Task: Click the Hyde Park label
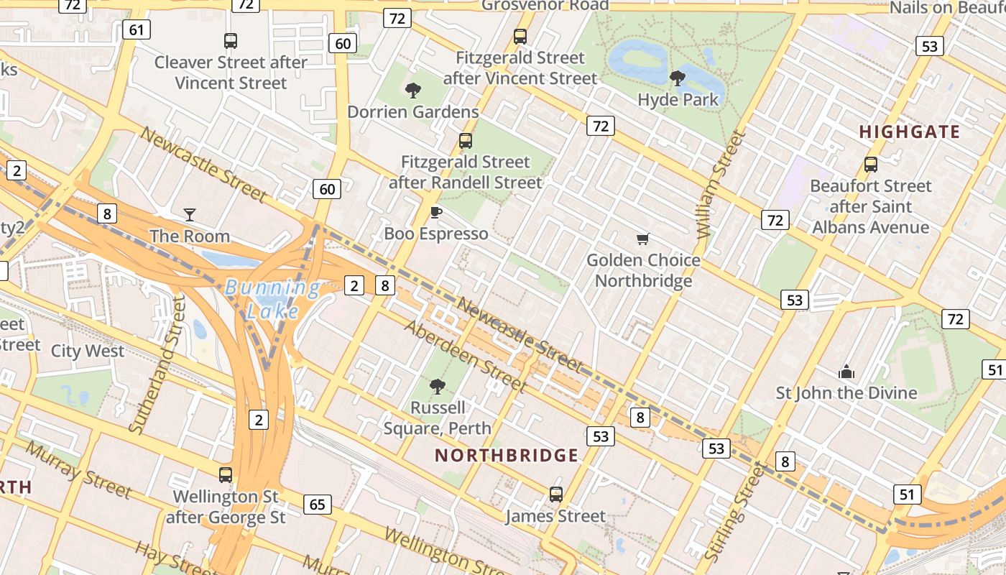click(678, 99)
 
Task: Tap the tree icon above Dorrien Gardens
click(413, 91)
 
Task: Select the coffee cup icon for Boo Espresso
click(435, 212)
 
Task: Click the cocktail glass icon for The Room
click(190, 214)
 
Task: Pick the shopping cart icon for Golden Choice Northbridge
click(643, 238)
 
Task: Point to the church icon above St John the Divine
click(846, 372)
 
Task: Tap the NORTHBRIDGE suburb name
click(507, 455)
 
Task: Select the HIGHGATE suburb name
click(909, 132)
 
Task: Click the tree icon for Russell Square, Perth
click(437, 387)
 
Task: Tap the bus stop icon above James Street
click(555, 494)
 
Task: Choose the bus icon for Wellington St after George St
click(226, 474)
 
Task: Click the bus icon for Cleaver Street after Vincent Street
click(231, 41)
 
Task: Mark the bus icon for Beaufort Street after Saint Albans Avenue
click(871, 165)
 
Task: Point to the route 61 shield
click(136, 29)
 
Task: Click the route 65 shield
click(318, 505)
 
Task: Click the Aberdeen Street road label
click(466, 356)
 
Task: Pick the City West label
click(88, 351)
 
